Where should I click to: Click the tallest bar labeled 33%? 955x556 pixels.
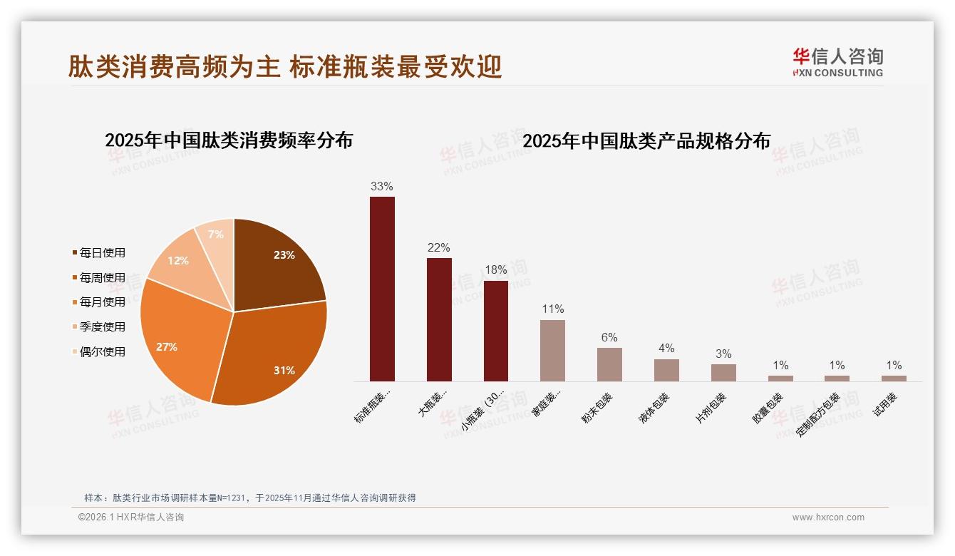[382, 289]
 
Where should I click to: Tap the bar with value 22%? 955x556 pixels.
[439, 319]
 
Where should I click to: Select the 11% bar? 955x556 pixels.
[552, 350]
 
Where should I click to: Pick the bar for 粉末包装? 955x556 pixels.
[609, 364]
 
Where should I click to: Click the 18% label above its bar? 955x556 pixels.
[496, 270]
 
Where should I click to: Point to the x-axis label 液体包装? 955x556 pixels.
[654, 408]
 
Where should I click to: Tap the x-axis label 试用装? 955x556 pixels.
[885, 404]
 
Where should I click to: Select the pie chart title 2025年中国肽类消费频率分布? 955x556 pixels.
[229, 140]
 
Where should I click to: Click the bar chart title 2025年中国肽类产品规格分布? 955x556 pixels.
[646, 141]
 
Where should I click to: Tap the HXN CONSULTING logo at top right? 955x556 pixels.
[837, 62]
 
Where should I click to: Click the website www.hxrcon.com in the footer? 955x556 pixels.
[828, 518]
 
